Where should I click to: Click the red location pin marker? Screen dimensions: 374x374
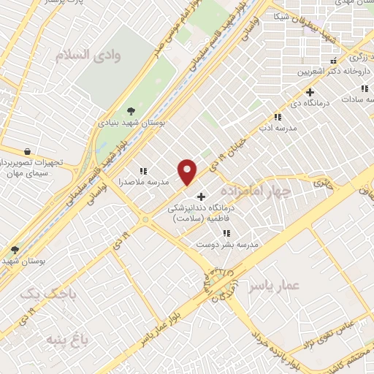pyautogui.click(x=188, y=172)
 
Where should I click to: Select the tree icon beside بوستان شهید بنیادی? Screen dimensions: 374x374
pyautogui.click(x=131, y=111)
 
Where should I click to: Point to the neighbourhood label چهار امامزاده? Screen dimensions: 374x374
pyautogui.click(x=260, y=191)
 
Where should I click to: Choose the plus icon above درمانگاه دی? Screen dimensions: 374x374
pyautogui.click(x=310, y=92)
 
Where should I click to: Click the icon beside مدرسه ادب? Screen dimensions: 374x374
pyautogui.click(x=277, y=117)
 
